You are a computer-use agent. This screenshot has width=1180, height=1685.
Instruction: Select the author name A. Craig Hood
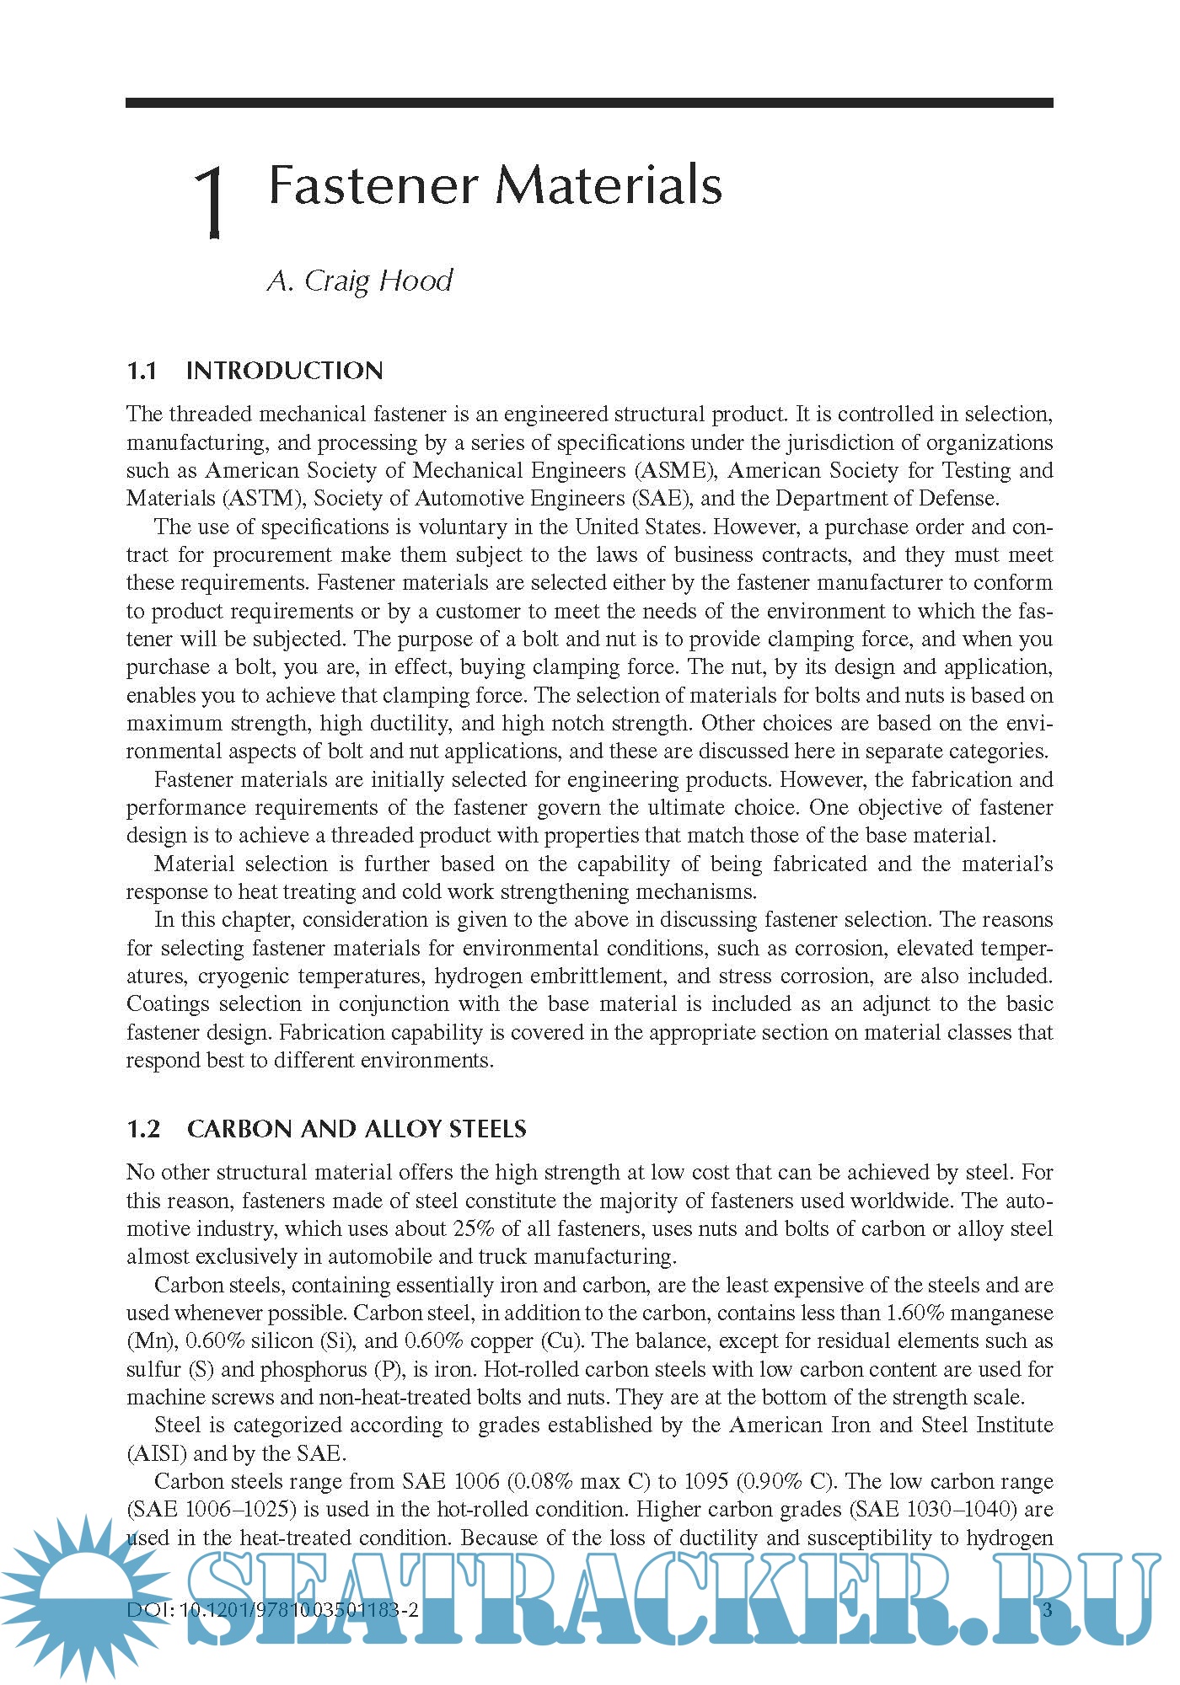(x=360, y=281)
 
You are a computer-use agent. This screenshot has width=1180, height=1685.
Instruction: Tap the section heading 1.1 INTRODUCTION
(x=255, y=371)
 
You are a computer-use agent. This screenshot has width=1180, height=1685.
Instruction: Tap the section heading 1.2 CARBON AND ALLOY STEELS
(x=326, y=1129)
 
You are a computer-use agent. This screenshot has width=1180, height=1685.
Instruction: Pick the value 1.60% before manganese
(x=918, y=1313)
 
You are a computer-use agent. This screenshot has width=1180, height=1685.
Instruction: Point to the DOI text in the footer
(x=272, y=1609)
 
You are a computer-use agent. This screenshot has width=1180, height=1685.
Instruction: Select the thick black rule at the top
(x=589, y=103)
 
